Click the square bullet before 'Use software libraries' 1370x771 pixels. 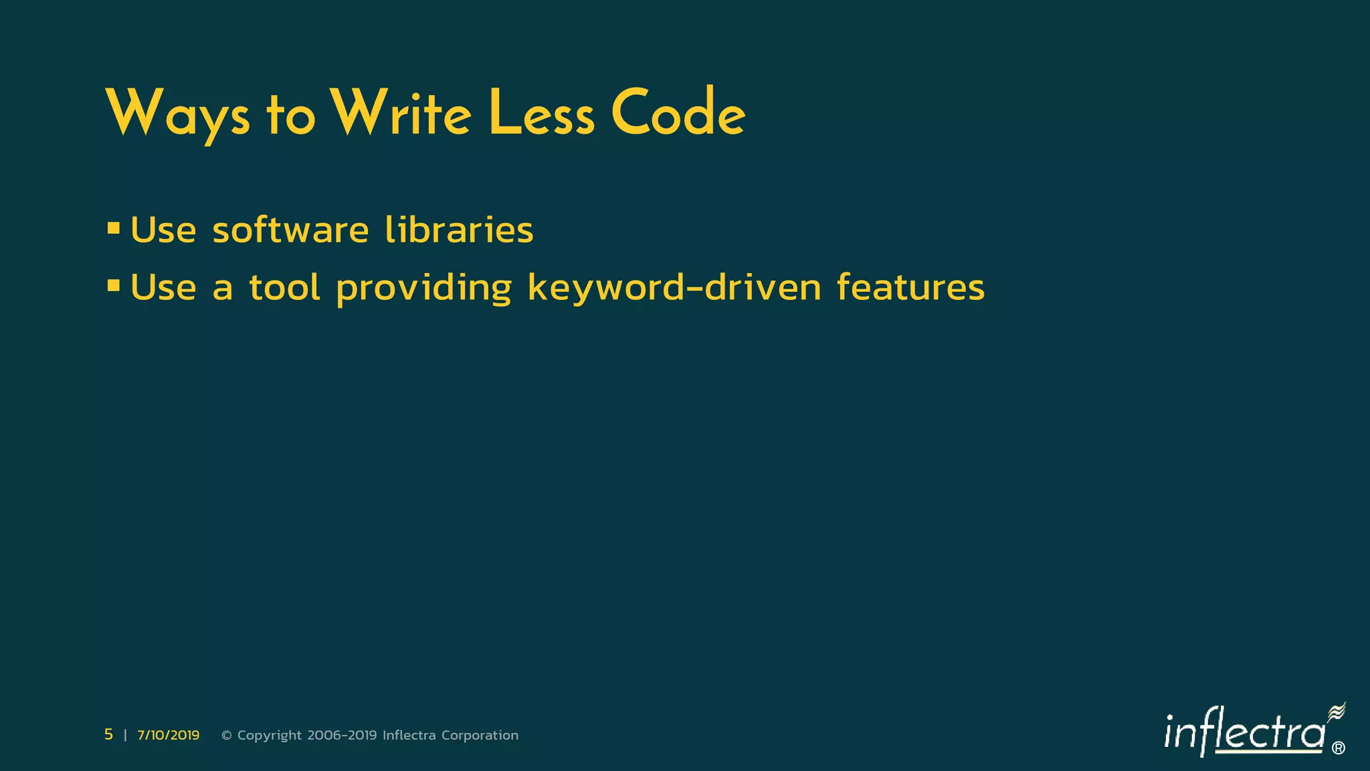pyautogui.click(x=114, y=229)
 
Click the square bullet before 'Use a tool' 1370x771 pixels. pyautogui.click(x=114, y=286)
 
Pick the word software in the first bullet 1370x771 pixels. pyautogui.click(x=290, y=230)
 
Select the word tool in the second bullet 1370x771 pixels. pyautogui.click(x=284, y=287)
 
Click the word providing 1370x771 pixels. pyautogui.click(x=424, y=289)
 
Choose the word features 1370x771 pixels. pyautogui.click(x=910, y=287)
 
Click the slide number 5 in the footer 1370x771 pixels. pyautogui.click(x=108, y=735)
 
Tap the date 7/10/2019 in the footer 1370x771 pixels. pyautogui.click(x=169, y=736)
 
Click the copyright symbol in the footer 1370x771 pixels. pyautogui.click(x=227, y=736)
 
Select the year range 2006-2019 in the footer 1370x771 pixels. pyautogui.click(x=342, y=736)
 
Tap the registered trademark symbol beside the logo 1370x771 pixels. pyautogui.click(x=1339, y=748)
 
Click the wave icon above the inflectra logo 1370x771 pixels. pyautogui.click(x=1337, y=711)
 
